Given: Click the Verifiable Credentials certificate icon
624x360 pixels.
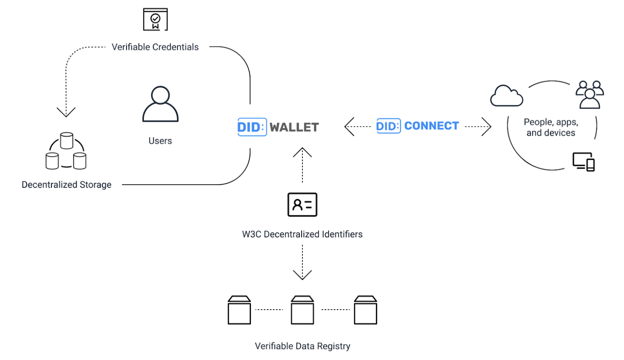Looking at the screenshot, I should click(155, 19).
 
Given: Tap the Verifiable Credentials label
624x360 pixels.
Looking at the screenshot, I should click(155, 47).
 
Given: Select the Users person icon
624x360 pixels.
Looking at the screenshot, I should click(160, 104).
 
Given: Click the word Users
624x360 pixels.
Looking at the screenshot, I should click(160, 141).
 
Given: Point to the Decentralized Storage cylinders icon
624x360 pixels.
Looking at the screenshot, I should click(66, 151).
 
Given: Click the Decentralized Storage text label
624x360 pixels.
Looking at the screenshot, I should click(67, 185).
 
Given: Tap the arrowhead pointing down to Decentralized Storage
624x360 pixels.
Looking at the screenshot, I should click(66, 112).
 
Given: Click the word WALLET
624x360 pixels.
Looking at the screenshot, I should click(294, 127).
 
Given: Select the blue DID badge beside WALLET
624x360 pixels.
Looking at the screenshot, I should click(252, 127).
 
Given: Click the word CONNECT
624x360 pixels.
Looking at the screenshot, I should click(431, 126).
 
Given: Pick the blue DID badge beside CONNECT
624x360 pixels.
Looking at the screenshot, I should click(388, 126).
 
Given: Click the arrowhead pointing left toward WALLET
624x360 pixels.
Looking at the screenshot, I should click(349, 126).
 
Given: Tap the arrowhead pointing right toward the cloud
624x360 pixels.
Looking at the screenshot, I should click(486, 126).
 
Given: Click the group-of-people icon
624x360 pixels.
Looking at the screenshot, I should click(590, 95).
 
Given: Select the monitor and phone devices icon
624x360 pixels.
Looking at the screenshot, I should click(583, 162).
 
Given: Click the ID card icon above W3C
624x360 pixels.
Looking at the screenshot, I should click(302, 205).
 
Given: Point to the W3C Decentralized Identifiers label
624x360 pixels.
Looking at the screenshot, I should click(302, 234).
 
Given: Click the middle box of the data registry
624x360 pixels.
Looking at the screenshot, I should click(302, 310).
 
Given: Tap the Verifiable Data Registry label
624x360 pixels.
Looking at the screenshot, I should click(302, 346).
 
